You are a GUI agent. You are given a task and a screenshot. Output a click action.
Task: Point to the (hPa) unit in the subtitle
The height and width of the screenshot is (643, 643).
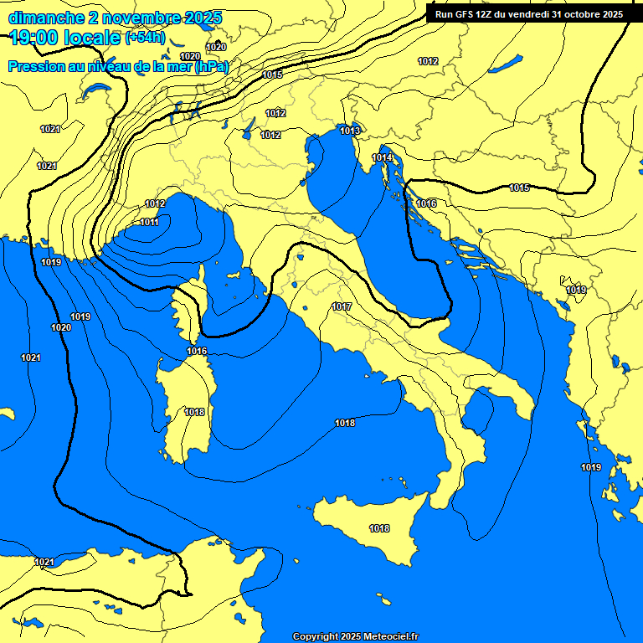pyautogui.click(x=211, y=66)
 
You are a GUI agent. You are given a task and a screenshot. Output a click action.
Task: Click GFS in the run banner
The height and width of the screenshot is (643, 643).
pyautogui.click(x=466, y=13)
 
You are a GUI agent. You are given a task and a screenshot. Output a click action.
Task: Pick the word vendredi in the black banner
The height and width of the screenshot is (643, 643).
pyautogui.click(x=538, y=13)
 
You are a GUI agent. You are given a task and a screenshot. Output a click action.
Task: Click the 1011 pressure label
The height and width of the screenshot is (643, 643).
pyautogui.click(x=150, y=222)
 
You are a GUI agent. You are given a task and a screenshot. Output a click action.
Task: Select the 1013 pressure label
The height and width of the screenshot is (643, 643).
pyautogui.click(x=350, y=131)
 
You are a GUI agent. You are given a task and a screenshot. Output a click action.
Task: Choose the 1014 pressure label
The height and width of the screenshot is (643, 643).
pyautogui.click(x=382, y=157)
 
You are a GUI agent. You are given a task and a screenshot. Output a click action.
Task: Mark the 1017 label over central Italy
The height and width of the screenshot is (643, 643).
pyautogui.click(x=341, y=307)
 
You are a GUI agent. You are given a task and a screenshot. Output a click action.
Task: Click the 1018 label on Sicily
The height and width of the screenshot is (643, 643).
pyautogui.click(x=379, y=528)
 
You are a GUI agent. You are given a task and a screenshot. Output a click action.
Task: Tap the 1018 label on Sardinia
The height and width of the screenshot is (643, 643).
pyautogui.click(x=194, y=412)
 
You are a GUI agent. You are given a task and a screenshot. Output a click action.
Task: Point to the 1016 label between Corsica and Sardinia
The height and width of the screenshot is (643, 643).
pyautogui.click(x=197, y=351)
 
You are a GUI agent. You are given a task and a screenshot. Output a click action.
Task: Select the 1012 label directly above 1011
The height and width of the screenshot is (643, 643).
pyautogui.click(x=155, y=203)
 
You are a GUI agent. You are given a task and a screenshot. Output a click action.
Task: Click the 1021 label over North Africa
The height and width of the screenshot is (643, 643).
pyautogui.click(x=44, y=562)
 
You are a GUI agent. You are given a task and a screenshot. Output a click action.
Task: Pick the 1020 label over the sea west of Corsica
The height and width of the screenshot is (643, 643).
pyautogui.click(x=60, y=327)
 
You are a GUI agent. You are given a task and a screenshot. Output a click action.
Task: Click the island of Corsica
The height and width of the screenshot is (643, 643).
pyautogui.click(x=192, y=301)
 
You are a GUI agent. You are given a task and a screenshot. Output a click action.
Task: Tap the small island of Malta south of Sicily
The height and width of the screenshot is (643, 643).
pyautogui.click(x=384, y=600)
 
